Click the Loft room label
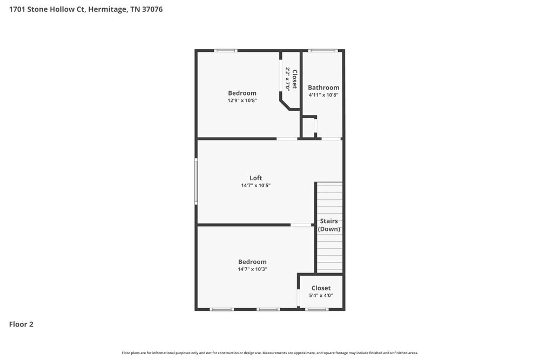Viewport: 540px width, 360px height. click(x=255, y=178)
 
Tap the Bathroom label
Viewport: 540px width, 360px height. click(x=323, y=87)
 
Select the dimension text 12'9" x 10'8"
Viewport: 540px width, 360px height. click(x=242, y=100)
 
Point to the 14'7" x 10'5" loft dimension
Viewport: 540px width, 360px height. click(x=255, y=186)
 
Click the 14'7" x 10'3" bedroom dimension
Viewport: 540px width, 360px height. click(x=252, y=269)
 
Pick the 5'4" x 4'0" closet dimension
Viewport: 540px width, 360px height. click(x=321, y=295)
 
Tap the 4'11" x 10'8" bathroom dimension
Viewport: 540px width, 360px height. click(x=323, y=95)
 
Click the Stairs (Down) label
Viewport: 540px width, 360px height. click(x=329, y=225)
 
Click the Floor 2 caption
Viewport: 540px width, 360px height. click(x=21, y=324)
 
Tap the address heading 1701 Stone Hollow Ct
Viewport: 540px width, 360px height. click(x=86, y=10)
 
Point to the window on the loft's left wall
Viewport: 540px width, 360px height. click(x=196, y=181)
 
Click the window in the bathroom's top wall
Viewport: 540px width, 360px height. click(x=323, y=51)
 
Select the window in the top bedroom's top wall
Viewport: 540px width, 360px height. click(x=225, y=51)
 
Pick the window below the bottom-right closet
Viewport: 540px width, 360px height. click(x=316, y=309)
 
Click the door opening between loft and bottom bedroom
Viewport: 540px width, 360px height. click(x=301, y=225)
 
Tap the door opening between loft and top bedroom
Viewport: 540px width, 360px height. click(x=287, y=139)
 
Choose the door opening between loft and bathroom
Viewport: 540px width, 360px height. click(x=331, y=139)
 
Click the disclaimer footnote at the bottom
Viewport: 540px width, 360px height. click(x=269, y=353)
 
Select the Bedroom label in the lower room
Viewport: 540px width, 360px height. click(x=252, y=262)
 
